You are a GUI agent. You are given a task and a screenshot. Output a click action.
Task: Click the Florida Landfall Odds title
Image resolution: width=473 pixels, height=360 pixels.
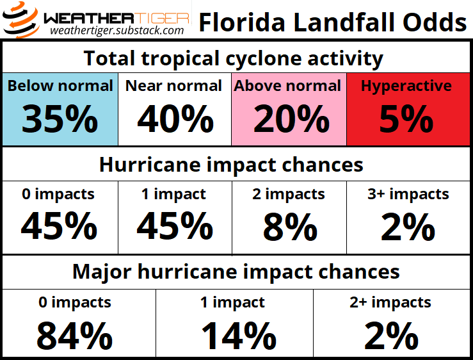(x=332, y=22)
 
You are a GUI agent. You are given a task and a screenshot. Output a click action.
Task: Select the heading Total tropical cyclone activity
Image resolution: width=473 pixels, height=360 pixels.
(x=234, y=58)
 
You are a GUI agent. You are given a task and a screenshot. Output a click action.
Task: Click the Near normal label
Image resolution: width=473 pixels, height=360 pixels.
(x=173, y=86)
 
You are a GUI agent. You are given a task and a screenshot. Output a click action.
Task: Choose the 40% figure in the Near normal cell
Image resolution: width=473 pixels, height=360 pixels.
(x=175, y=119)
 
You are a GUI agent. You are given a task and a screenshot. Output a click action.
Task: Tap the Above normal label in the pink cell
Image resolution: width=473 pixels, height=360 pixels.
(x=288, y=86)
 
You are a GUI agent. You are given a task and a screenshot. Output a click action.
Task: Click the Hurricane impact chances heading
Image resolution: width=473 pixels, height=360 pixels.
(x=231, y=165)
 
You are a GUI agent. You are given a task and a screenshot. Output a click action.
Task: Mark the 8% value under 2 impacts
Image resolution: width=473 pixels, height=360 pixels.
(x=289, y=227)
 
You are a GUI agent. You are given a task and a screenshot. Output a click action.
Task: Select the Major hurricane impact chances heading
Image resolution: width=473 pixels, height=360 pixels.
(x=236, y=272)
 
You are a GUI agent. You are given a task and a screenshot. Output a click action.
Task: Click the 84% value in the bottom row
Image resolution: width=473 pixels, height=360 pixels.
(x=74, y=336)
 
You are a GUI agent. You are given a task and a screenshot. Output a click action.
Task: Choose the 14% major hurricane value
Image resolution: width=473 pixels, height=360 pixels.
(x=238, y=336)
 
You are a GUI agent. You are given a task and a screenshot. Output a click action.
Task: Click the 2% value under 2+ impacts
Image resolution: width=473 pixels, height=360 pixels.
(x=392, y=336)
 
